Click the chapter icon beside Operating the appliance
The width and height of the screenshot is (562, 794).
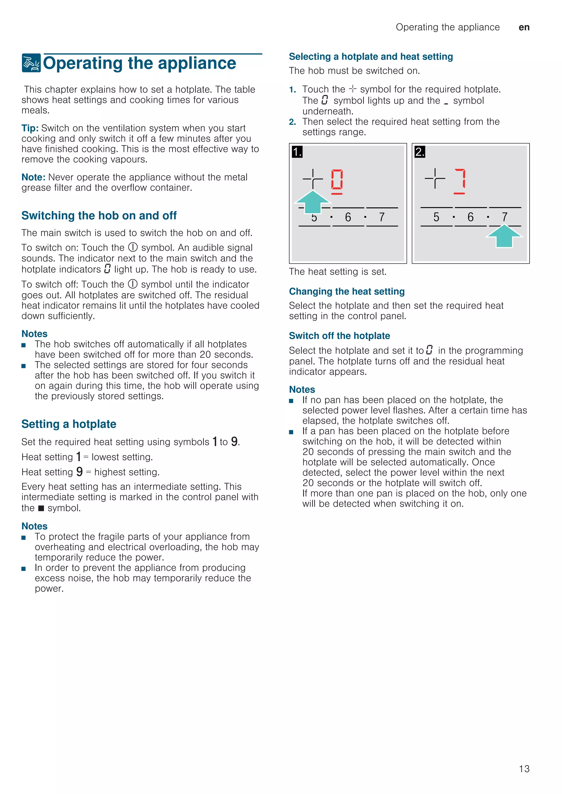[31, 63]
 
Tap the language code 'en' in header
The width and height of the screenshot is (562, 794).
[524, 27]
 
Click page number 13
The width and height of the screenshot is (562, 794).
[524, 769]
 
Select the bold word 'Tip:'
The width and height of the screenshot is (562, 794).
[30, 128]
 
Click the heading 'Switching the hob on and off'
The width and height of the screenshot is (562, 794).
[99, 215]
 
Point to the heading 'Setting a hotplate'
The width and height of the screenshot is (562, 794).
[69, 424]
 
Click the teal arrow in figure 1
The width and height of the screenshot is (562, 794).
[313, 202]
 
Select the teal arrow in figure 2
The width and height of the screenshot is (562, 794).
[504, 236]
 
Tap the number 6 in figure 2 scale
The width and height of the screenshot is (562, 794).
[470, 217]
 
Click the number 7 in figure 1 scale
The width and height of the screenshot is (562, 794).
[382, 217]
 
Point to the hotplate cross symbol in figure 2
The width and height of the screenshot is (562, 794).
[435, 178]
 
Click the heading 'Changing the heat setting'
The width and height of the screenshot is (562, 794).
[347, 291]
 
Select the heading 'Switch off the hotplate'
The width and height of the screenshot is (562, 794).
[339, 336]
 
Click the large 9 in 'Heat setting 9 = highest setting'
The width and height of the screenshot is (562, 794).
[80, 472]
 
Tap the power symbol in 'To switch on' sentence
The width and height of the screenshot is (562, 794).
[133, 247]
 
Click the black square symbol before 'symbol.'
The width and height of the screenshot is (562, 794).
[41, 508]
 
